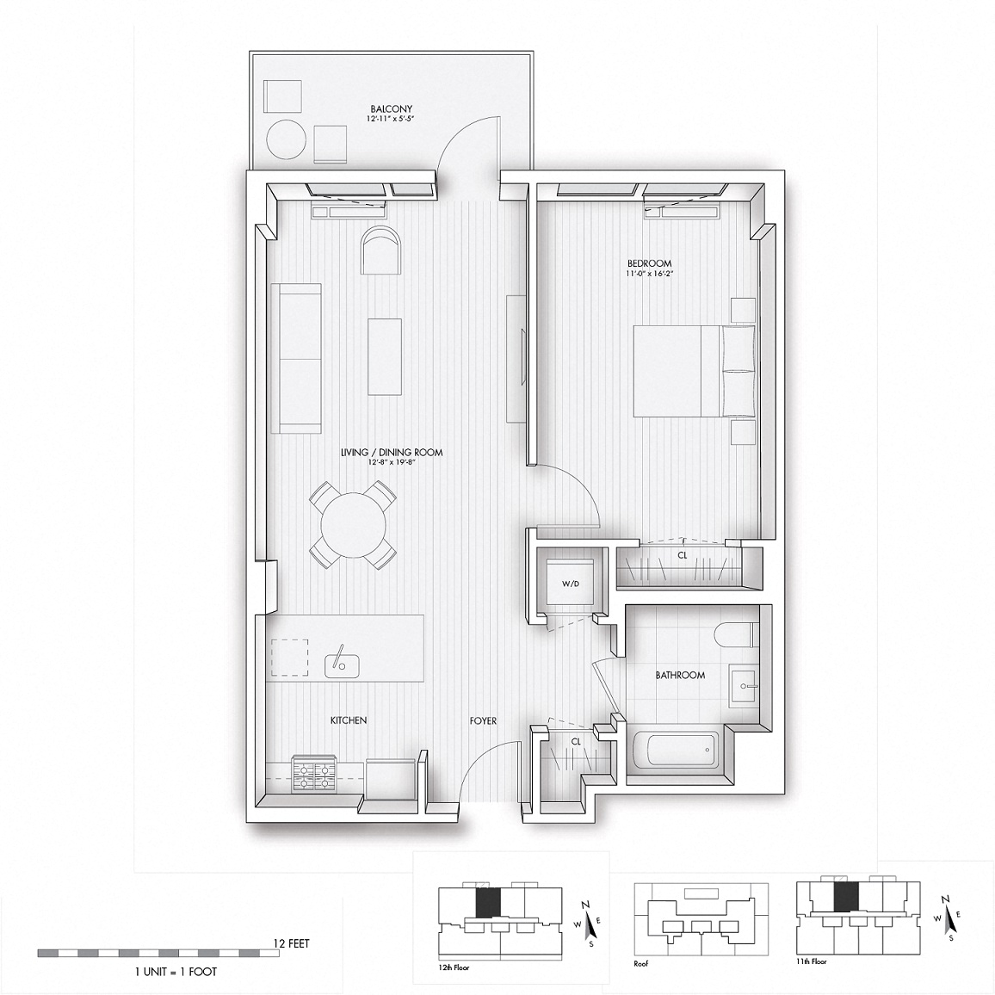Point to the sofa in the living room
(296, 358)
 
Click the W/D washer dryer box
(570, 584)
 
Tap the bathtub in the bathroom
(676, 751)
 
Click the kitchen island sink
(342, 664)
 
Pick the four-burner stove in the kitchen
(314, 773)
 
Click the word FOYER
(483, 721)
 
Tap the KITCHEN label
(349, 720)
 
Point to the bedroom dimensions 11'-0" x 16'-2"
(649, 275)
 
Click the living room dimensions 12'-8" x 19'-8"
(392, 462)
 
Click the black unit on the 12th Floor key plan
(488, 902)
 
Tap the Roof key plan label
(642, 962)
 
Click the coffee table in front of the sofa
(385, 356)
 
